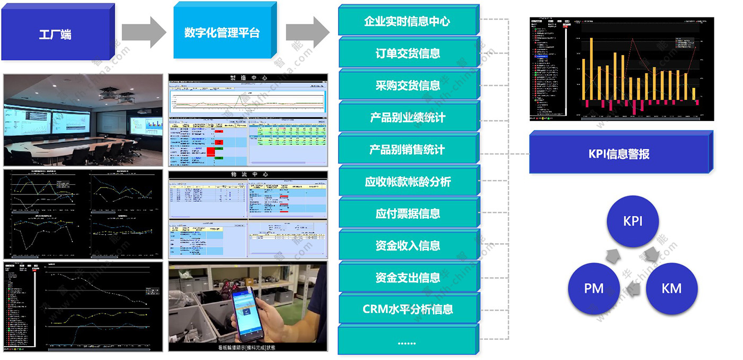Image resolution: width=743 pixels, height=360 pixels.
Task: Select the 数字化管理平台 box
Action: pos(222,32)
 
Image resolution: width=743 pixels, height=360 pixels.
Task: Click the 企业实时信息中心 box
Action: pos(407,22)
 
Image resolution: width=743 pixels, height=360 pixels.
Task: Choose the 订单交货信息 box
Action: pos(407,54)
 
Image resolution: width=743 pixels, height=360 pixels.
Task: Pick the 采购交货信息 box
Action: pos(407,85)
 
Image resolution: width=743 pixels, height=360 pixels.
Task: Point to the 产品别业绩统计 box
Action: pos(407,118)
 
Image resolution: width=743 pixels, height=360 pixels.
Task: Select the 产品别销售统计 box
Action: pos(407,150)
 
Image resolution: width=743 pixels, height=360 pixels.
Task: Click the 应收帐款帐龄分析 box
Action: pos(407,182)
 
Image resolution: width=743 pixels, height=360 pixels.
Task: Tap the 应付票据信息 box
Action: pos(407,213)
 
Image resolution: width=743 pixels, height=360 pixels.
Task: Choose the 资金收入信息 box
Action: pos(407,245)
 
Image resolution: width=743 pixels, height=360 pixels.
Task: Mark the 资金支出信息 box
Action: pos(407,277)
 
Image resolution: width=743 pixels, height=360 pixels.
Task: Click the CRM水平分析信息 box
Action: pos(407,309)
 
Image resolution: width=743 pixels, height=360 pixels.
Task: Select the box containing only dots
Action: pos(407,341)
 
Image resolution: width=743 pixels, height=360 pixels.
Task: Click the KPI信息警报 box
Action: pos(618,155)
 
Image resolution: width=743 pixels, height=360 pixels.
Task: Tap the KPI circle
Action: pos(633,221)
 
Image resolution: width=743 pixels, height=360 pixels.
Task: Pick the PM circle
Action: pos(594,289)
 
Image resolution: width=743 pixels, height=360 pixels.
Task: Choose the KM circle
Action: pos(671,289)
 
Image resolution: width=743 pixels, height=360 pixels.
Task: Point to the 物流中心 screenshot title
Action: pos(247,175)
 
